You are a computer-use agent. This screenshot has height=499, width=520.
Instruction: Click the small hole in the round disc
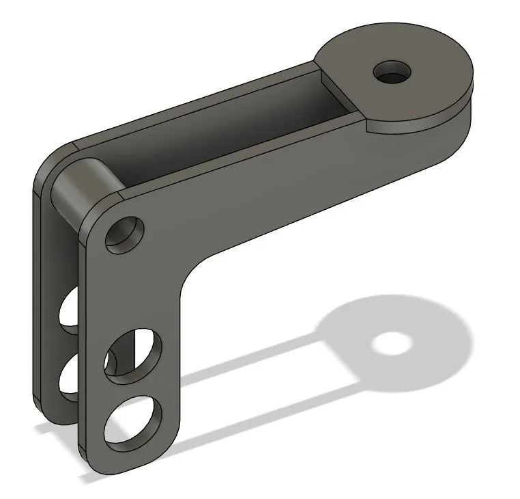tap(392, 71)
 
